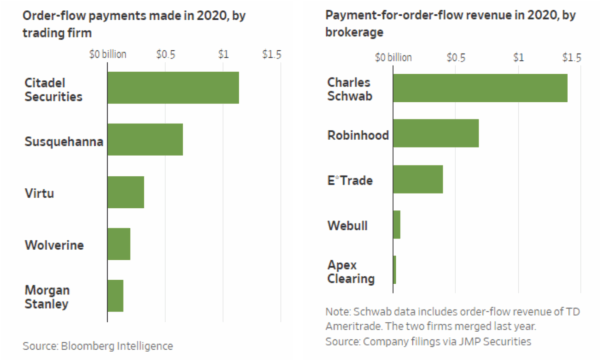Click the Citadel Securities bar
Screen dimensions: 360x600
(173, 87)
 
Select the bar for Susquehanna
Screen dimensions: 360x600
(145, 139)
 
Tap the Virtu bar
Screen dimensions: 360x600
(125, 192)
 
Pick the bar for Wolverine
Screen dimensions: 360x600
(119, 244)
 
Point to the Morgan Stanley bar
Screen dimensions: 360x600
(115, 296)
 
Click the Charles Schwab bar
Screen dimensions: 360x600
(480, 87)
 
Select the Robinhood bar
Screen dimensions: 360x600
(435, 133)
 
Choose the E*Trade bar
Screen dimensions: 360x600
(418, 179)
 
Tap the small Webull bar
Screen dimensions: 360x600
(397, 225)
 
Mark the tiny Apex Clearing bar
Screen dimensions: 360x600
(395, 270)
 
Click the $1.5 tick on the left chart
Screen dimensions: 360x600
(271, 54)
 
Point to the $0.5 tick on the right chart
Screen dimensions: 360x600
(455, 58)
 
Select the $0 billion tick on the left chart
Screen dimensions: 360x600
(108, 54)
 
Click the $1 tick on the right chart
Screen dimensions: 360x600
(518, 58)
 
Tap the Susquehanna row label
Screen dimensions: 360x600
(64, 141)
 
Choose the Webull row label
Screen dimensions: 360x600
(347, 225)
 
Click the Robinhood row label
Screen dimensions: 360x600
(358, 135)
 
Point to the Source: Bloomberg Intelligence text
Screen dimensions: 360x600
(97, 346)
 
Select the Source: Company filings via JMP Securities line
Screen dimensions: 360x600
(428, 341)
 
